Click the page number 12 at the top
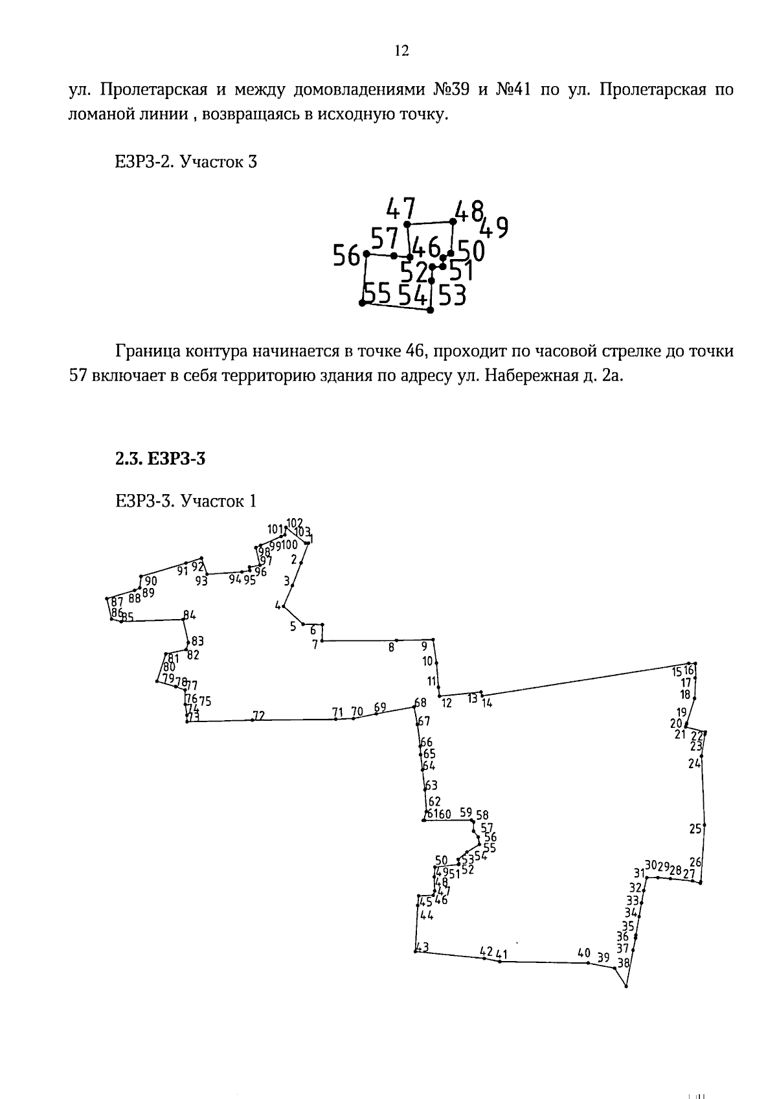pos(401,51)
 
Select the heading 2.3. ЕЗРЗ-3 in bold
pos(160,459)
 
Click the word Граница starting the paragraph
pos(148,352)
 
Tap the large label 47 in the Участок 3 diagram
pos(400,209)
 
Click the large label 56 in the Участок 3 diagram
pos(346,256)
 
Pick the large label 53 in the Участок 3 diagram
pos(453,296)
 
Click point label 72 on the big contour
pos(258,716)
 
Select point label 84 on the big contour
pos(189,615)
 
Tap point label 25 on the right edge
pos(695,828)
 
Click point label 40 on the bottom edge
pos(583,953)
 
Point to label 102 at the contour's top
pos(295,523)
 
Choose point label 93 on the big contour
pos(201,581)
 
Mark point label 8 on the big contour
pos(391,646)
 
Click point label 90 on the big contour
pos(151,581)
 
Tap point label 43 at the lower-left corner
pos(422,947)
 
